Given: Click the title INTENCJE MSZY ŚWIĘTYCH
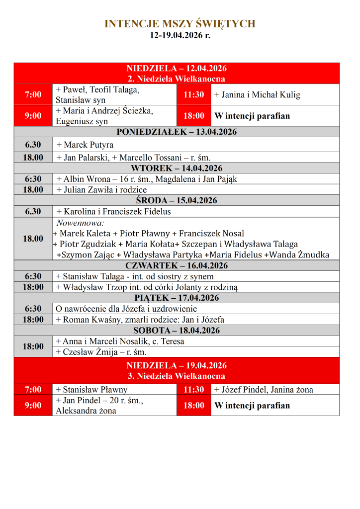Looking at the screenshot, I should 180,24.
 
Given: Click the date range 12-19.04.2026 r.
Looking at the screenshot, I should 180,35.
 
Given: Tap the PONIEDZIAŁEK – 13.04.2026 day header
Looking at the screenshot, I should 177,132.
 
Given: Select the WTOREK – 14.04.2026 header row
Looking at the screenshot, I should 177,168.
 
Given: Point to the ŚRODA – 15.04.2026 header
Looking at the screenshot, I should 177,200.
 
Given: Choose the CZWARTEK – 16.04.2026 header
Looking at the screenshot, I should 177,265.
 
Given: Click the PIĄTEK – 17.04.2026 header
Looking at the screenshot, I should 177,298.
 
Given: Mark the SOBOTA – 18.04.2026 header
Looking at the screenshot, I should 177,330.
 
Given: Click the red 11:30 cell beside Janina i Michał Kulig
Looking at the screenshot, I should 194,94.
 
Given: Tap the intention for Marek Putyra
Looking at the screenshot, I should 85,145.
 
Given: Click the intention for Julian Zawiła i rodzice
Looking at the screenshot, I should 101,189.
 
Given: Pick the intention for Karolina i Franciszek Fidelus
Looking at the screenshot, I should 113,211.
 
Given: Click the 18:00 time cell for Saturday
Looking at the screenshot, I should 33,346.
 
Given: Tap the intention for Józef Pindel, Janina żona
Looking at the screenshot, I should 264,390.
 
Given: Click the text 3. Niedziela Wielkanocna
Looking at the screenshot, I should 177,376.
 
